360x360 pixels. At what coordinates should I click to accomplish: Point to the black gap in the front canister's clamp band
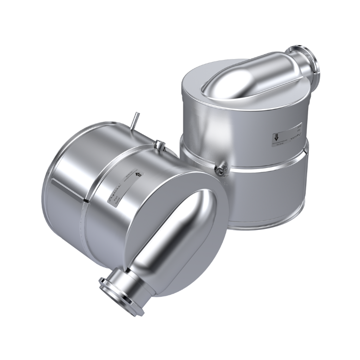pos(85,197)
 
